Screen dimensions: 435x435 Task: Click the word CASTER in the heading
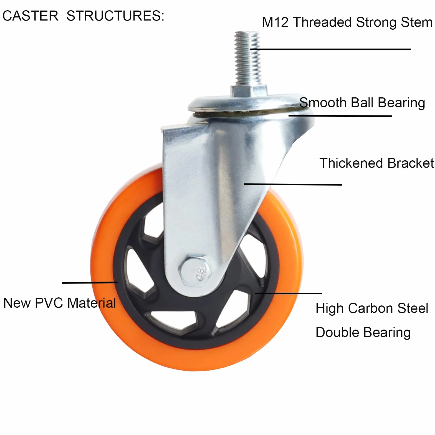click(30, 16)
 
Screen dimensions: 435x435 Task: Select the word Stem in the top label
click(416, 22)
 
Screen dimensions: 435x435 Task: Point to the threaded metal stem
click(247, 58)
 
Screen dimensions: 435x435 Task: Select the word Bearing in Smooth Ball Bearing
click(401, 103)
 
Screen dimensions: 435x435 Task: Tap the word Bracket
click(411, 163)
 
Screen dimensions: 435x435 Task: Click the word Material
click(92, 303)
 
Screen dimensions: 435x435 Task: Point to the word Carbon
click(371, 308)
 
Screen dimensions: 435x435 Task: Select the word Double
click(337, 332)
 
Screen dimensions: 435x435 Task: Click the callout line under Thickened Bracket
click(293, 184)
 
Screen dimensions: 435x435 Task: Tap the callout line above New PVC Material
click(90, 282)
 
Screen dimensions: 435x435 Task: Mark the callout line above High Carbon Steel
click(289, 293)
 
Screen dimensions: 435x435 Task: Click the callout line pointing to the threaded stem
click(330, 49)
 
